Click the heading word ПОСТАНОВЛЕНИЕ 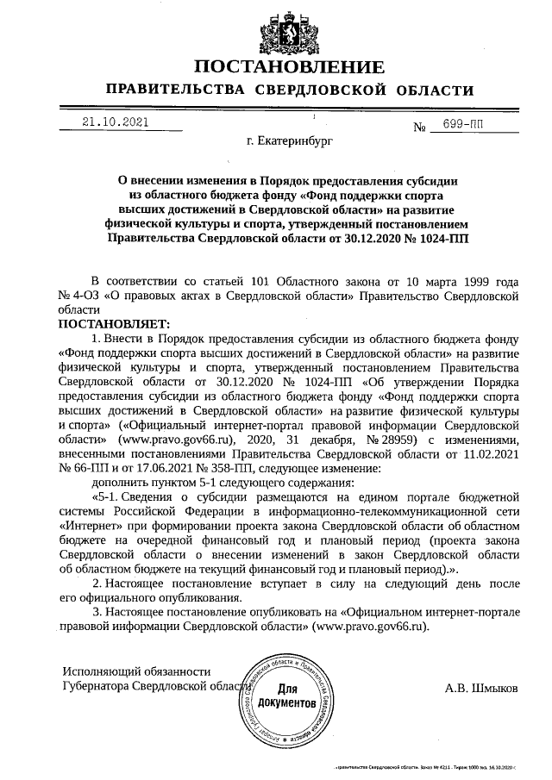tap(289, 68)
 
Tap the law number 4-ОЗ tap(87, 294)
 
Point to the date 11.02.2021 tap(490, 453)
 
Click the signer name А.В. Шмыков tap(482, 689)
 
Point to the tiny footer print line tap(429, 765)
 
